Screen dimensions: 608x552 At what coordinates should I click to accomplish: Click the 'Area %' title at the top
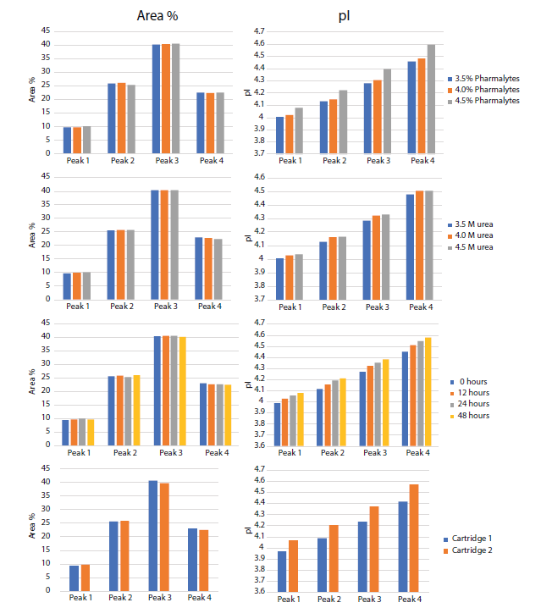[158, 14]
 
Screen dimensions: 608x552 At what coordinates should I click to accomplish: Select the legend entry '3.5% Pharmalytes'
[489, 77]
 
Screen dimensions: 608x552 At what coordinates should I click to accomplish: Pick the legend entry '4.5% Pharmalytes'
[489, 101]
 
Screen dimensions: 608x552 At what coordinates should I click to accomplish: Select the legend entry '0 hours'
[472, 381]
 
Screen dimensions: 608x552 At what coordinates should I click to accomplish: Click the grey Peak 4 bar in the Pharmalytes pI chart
[431, 98]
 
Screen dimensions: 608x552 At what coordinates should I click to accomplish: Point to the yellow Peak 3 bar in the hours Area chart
[182, 390]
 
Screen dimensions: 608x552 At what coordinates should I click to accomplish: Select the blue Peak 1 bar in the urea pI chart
[280, 279]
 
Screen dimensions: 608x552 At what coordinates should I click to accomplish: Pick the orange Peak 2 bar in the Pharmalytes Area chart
[122, 118]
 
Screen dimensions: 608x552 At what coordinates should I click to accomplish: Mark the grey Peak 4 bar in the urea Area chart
[219, 268]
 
